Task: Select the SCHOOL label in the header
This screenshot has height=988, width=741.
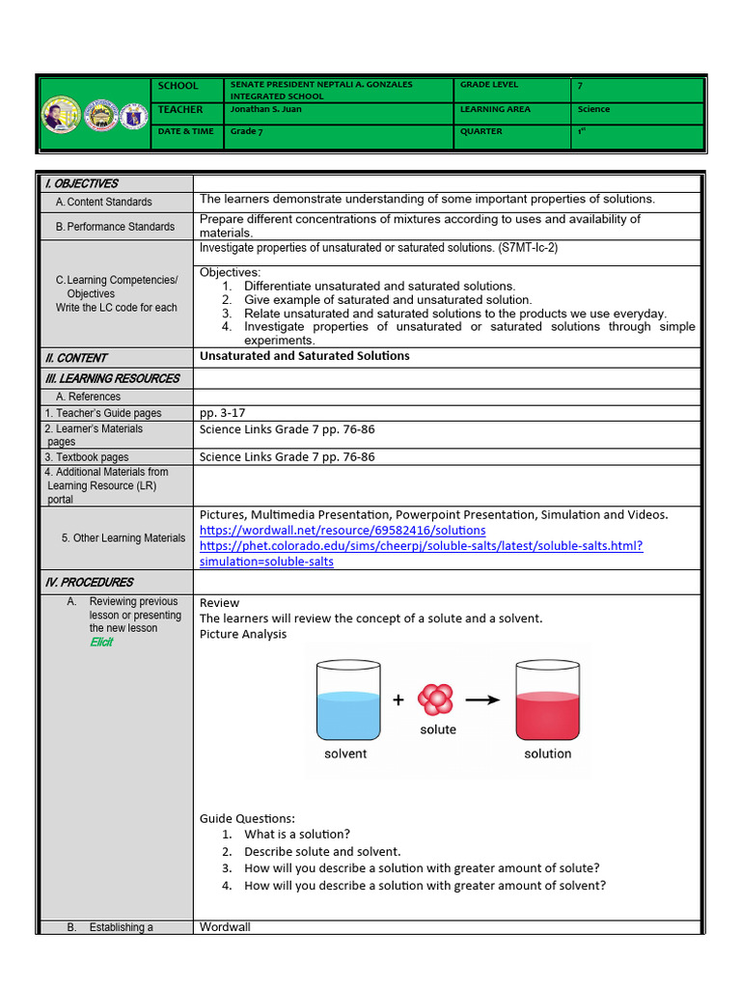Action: coord(178,86)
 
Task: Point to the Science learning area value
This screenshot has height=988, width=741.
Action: coord(593,110)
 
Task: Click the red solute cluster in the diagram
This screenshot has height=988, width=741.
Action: coord(436,700)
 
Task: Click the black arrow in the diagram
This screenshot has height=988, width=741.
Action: coord(482,700)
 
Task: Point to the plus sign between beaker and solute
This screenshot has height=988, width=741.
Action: coord(398,700)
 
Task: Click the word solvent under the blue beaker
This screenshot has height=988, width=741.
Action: coord(345,754)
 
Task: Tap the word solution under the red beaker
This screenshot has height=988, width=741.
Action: coord(547,754)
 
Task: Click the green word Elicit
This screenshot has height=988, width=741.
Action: coord(101,642)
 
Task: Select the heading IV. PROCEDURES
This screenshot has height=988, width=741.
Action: coord(89,583)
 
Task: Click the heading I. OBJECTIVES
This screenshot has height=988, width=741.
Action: coord(81,183)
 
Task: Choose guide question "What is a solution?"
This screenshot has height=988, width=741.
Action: coord(297,835)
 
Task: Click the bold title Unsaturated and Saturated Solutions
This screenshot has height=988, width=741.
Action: coord(304,356)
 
